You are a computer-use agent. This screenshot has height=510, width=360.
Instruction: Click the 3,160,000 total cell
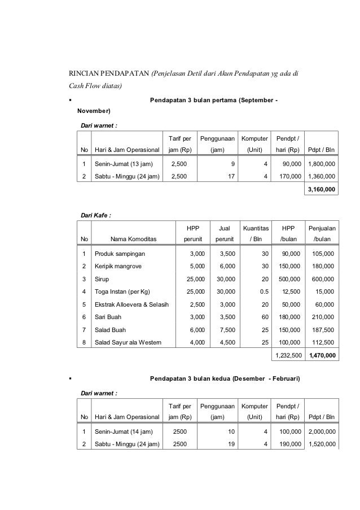click(x=322, y=190)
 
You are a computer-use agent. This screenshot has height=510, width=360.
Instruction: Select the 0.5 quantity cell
click(x=263, y=291)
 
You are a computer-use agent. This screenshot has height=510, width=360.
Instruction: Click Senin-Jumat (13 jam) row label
click(x=123, y=164)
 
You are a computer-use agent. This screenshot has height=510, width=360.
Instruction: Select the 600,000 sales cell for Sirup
click(x=324, y=279)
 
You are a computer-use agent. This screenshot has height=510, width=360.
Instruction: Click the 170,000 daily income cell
click(x=288, y=177)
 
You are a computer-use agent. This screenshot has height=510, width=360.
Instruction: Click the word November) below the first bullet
click(x=94, y=111)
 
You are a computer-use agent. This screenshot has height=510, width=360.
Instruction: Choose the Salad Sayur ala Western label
click(x=128, y=342)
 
